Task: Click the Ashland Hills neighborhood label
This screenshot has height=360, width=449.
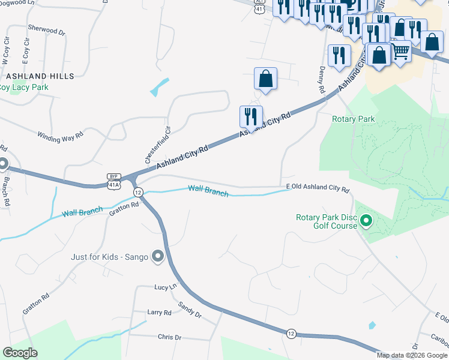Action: pyautogui.click(x=40, y=76)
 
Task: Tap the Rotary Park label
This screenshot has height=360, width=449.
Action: pyautogui.click(x=354, y=119)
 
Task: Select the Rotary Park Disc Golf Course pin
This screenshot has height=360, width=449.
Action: pyautogui.click(x=366, y=223)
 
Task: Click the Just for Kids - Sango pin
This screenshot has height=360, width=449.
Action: pyautogui.click(x=158, y=257)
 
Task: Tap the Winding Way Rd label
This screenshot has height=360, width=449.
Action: pyautogui.click(x=60, y=137)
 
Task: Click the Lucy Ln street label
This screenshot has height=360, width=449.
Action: pyautogui.click(x=165, y=287)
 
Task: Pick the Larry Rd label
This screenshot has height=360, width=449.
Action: pyautogui.click(x=159, y=313)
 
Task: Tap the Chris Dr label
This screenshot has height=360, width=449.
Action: pyautogui.click(x=169, y=337)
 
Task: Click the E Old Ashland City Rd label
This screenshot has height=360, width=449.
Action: pyautogui.click(x=318, y=188)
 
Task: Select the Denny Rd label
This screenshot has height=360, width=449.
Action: pyautogui.click(x=321, y=80)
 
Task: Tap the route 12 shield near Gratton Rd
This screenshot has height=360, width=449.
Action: pyautogui.click(x=138, y=192)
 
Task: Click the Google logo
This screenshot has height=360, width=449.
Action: pyautogui.click(x=20, y=353)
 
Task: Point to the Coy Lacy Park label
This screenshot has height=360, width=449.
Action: pyautogui.click(x=24, y=87)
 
